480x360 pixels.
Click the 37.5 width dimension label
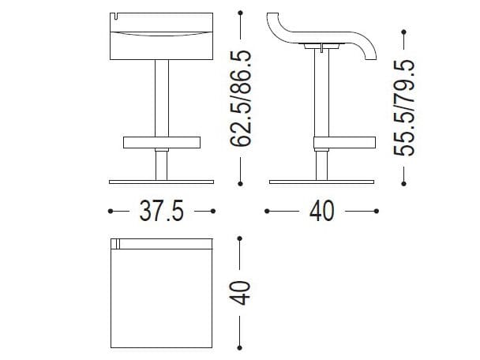(x=161, y=211)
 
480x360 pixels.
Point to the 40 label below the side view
(x=322, y=211)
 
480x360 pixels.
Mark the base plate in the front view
(x=160, y=183)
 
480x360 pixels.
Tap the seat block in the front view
(x=160, y=36)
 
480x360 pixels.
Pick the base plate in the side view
(x=322, y=183)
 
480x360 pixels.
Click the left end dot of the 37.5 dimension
(x=111, y=211)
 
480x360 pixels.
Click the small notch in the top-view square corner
(x=115, y=242)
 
